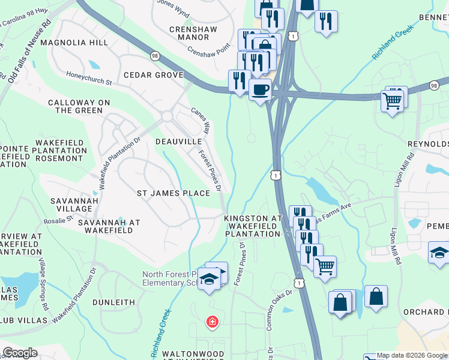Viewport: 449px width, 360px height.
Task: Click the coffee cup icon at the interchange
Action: pos(260,90)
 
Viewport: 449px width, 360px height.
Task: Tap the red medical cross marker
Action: pos(212,322)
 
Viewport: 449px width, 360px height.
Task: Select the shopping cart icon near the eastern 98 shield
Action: pos(392,101)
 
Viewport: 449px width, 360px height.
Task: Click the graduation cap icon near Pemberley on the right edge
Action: pos(439,253)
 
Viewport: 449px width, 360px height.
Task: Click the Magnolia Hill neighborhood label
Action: pos(79,43)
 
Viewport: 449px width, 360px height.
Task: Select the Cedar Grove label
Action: pos(153,75)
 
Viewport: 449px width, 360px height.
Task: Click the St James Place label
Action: pos(173,193)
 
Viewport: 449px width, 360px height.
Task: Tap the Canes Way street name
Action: pos(201,120)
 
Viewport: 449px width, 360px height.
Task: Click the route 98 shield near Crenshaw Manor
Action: pos(155,56)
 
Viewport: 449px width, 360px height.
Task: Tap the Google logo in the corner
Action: pos(20,353)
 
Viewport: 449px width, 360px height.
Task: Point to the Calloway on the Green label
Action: pos(79,107)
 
